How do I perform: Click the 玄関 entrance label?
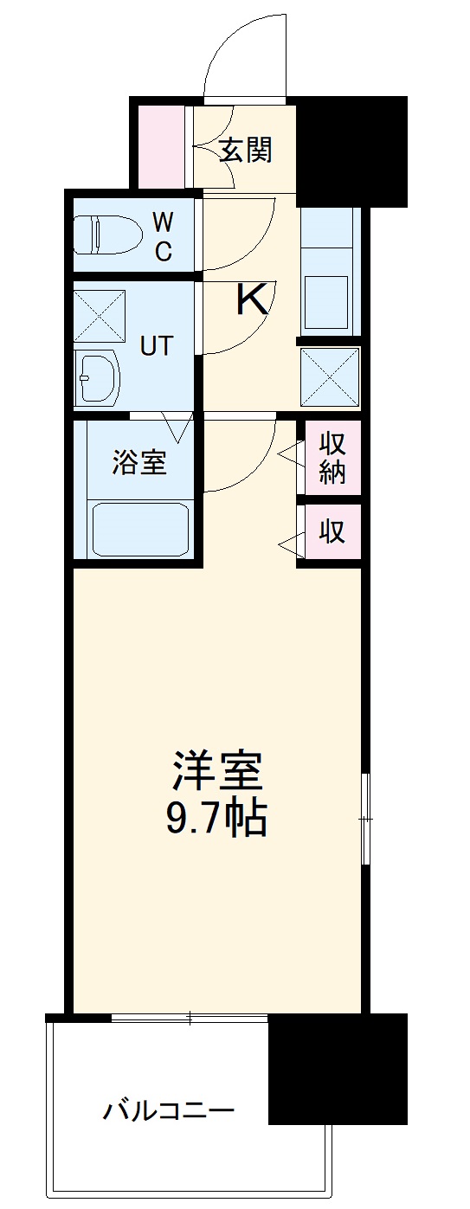(x=245, y=151)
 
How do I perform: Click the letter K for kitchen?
(x=252, y=300)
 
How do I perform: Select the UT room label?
(x=158, y=345)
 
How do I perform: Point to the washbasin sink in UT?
(x=96, y=377)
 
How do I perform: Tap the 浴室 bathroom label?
(x=138, y=463)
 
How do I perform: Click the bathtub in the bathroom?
(x=139, y=529)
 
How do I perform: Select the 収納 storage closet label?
(x=332, y=459)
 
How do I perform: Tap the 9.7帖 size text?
(x=216, y=818)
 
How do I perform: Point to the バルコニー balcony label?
(x=170, y=1109)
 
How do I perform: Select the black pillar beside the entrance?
(x=351, y=151)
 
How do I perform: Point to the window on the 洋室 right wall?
(x=366, y=818)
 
